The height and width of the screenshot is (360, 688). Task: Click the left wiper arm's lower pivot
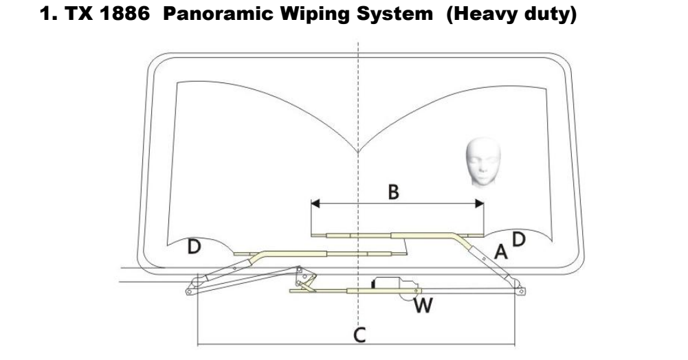click(188, 290)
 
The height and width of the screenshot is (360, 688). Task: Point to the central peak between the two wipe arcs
click(358, 152)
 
